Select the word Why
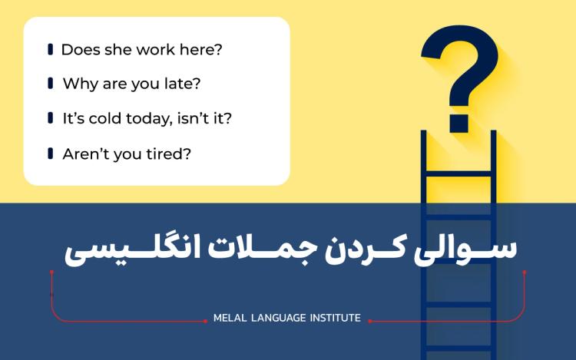[x=78, y=84]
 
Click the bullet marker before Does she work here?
[x=50, y=50]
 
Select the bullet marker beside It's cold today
[x=50, y=119]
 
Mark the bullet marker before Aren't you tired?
[x=50, y=154]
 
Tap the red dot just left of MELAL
[x=206, y=321]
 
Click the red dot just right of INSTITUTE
[x=370, y=321]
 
